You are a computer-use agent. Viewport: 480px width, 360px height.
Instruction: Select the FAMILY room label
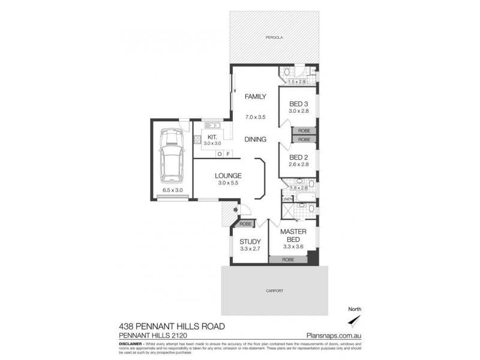click(x=255, y=96)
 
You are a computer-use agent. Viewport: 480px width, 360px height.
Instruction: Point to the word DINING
click(x=255, y=139)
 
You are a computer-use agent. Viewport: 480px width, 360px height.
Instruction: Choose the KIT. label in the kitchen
click(x=212, y=137)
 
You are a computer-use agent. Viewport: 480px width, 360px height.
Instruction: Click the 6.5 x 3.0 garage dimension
click(x=172, y=190)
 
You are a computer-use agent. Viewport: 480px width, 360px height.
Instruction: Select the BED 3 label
click(x=298, y=103)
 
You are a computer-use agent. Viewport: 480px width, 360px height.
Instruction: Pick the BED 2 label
click(x=298, y=158)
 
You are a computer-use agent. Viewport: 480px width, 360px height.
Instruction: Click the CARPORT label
click(x=275, y=290)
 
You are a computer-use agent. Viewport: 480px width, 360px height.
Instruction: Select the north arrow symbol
click(x=355, y=318)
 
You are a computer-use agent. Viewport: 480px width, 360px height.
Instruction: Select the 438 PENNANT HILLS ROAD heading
click(x=172, y=326)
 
